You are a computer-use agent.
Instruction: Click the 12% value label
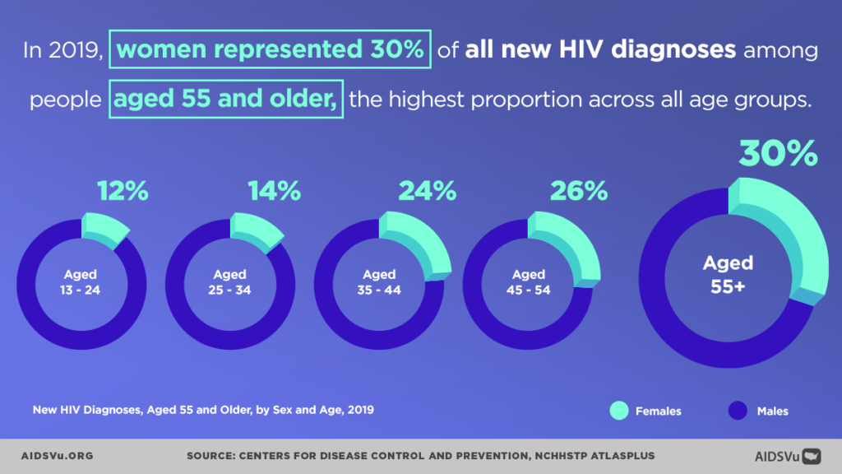coord(123,192)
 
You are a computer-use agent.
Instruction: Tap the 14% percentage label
coord(275,192)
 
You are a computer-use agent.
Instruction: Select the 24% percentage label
coord(427,192)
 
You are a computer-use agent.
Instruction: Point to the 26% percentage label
coord(579,192)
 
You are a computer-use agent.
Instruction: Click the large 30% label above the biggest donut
coord(778,154)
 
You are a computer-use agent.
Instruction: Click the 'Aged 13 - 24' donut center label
coord(81,282)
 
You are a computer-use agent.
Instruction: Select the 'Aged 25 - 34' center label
coord(230,282)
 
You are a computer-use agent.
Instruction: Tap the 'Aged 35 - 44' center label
coord(380,282)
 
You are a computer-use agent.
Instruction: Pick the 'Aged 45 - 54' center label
coord(529,282)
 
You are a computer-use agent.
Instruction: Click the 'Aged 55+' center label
coord(728,272)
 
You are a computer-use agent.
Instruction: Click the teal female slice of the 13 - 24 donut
coord(104,228)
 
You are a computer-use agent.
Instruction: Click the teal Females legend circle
coord(620,410)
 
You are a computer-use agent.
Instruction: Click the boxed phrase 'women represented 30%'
coord(270,49)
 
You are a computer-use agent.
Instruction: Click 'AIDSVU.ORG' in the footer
coord(58,455)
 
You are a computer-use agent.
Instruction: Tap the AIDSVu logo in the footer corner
coord(788,455)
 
